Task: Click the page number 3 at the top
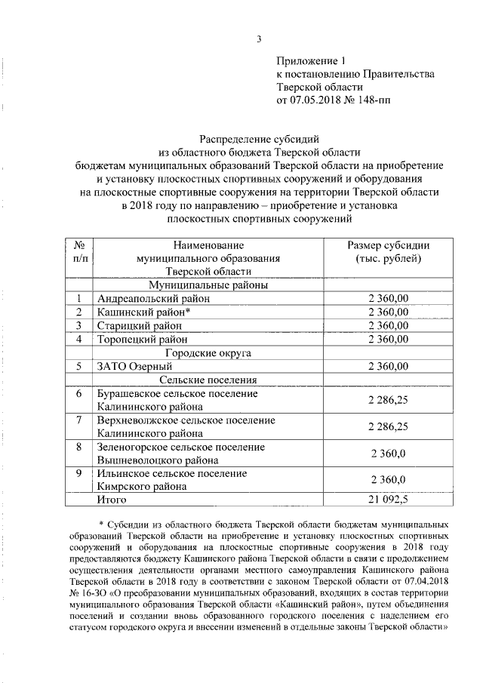coord(259,40)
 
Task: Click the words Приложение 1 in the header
coord(310,60)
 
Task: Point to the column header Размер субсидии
coord(388,246)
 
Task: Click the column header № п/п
coord(79,253)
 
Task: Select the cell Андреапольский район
coord(149,300)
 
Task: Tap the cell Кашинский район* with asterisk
coord(143,312)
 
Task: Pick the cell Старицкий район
coord(139,325)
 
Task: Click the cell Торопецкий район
coord(141,339)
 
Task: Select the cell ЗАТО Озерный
coord(130,366)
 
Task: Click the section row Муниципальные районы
coord(208,286)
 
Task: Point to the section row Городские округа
coord(208,352)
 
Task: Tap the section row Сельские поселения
coord(208,380)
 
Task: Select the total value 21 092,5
coord(388,499)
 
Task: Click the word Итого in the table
coord(110,499)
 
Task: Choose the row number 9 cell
coord(79,473)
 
